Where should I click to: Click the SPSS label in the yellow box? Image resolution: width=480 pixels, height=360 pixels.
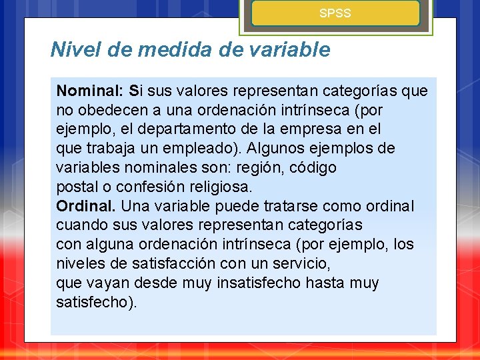click(x=335, y=13)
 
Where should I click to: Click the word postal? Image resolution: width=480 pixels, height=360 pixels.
click(x=75, y=187)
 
